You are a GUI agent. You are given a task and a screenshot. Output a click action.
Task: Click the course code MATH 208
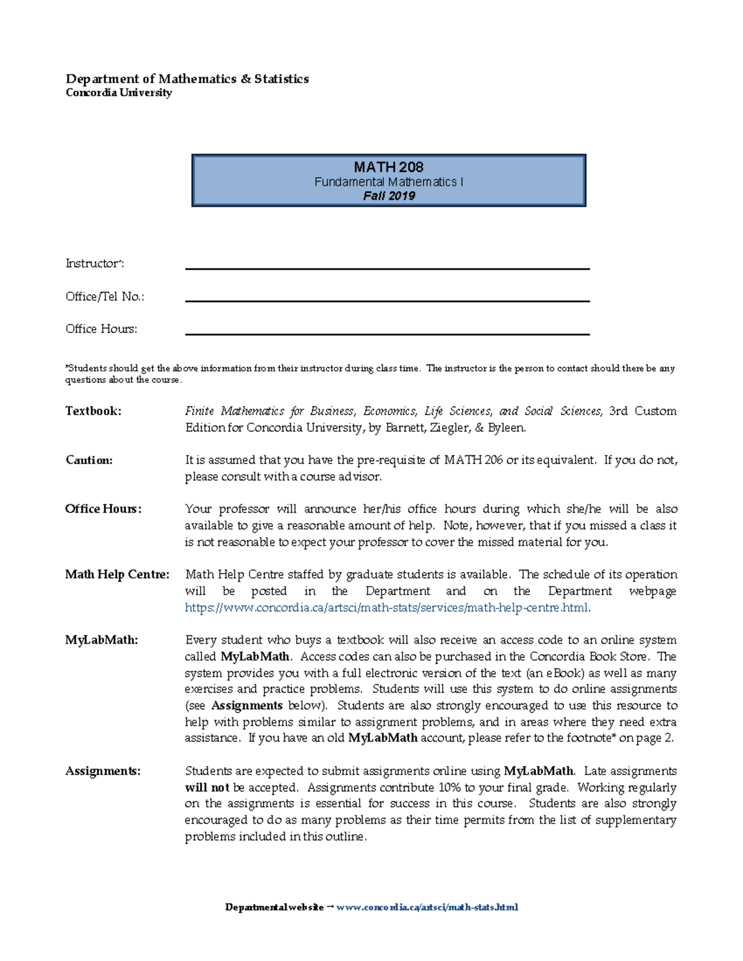[x=388, y=167]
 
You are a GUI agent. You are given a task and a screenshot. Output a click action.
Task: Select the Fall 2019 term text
[x=389, y=196]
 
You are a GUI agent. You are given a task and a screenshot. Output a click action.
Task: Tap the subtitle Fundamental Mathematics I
[x=388, y=182]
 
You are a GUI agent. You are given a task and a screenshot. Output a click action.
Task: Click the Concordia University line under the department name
[x=119, y=93]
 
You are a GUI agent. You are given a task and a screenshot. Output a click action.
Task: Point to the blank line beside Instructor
[x=387, y=268]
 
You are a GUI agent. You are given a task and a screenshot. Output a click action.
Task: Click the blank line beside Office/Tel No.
[x=387, y=301]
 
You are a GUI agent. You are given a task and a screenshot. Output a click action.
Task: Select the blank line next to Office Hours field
[x=387, y=334]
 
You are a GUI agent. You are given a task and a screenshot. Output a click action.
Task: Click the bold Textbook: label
[x=93, y=411]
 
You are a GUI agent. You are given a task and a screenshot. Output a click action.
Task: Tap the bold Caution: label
[x=89, y=460]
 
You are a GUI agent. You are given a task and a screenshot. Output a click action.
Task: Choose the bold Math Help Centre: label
[x=117, y=574]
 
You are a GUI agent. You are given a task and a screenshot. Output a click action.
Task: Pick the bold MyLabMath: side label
[x=102, y=640]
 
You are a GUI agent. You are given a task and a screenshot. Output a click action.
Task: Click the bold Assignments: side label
[x=103, y=771]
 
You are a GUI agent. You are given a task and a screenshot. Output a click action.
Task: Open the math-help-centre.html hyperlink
[x=387, y=608]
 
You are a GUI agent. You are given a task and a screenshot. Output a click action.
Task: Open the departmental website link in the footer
[x=427, y=907]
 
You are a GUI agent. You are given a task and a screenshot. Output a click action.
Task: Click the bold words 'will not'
[x=207, y=788]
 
